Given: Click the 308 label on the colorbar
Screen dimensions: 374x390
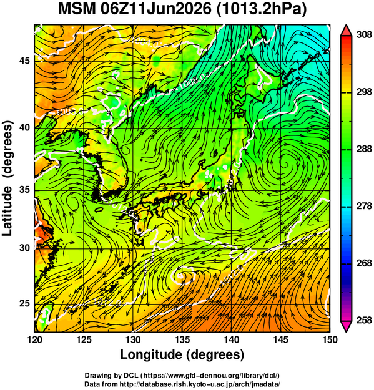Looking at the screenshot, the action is (x=364, y=35).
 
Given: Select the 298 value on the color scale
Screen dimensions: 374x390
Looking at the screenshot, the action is (x=364, y=92).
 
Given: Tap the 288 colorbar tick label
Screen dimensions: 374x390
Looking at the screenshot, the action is (x=364, y=149).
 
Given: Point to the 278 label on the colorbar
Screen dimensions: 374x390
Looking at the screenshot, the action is (x=364, y=206).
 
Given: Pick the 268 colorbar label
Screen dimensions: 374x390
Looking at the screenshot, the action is (x=364, y=263).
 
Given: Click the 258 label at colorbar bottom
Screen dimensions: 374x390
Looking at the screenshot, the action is (x=364, y=320).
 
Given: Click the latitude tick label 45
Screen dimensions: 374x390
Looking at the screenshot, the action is (x=25, y=61).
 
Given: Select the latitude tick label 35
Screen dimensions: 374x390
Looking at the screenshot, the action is (x=25, y=190).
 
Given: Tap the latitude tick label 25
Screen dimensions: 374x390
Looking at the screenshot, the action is (x=25, y=303).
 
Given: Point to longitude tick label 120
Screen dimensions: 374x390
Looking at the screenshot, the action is (x=34, y=339).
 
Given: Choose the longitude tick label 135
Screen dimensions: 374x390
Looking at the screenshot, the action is (x=182, y=339).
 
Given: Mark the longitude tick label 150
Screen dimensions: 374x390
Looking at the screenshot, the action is (x=330, y=339).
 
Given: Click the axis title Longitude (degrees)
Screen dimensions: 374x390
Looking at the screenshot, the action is (x=182, y=354).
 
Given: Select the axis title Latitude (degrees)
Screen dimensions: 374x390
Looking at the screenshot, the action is (x=7, y=178).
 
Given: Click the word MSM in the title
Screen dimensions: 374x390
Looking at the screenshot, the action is (x=77, y=9).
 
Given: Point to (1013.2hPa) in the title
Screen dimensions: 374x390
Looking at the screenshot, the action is (x=262, y=10).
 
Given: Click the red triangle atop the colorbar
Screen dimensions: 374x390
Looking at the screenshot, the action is (x=346, y=31).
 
